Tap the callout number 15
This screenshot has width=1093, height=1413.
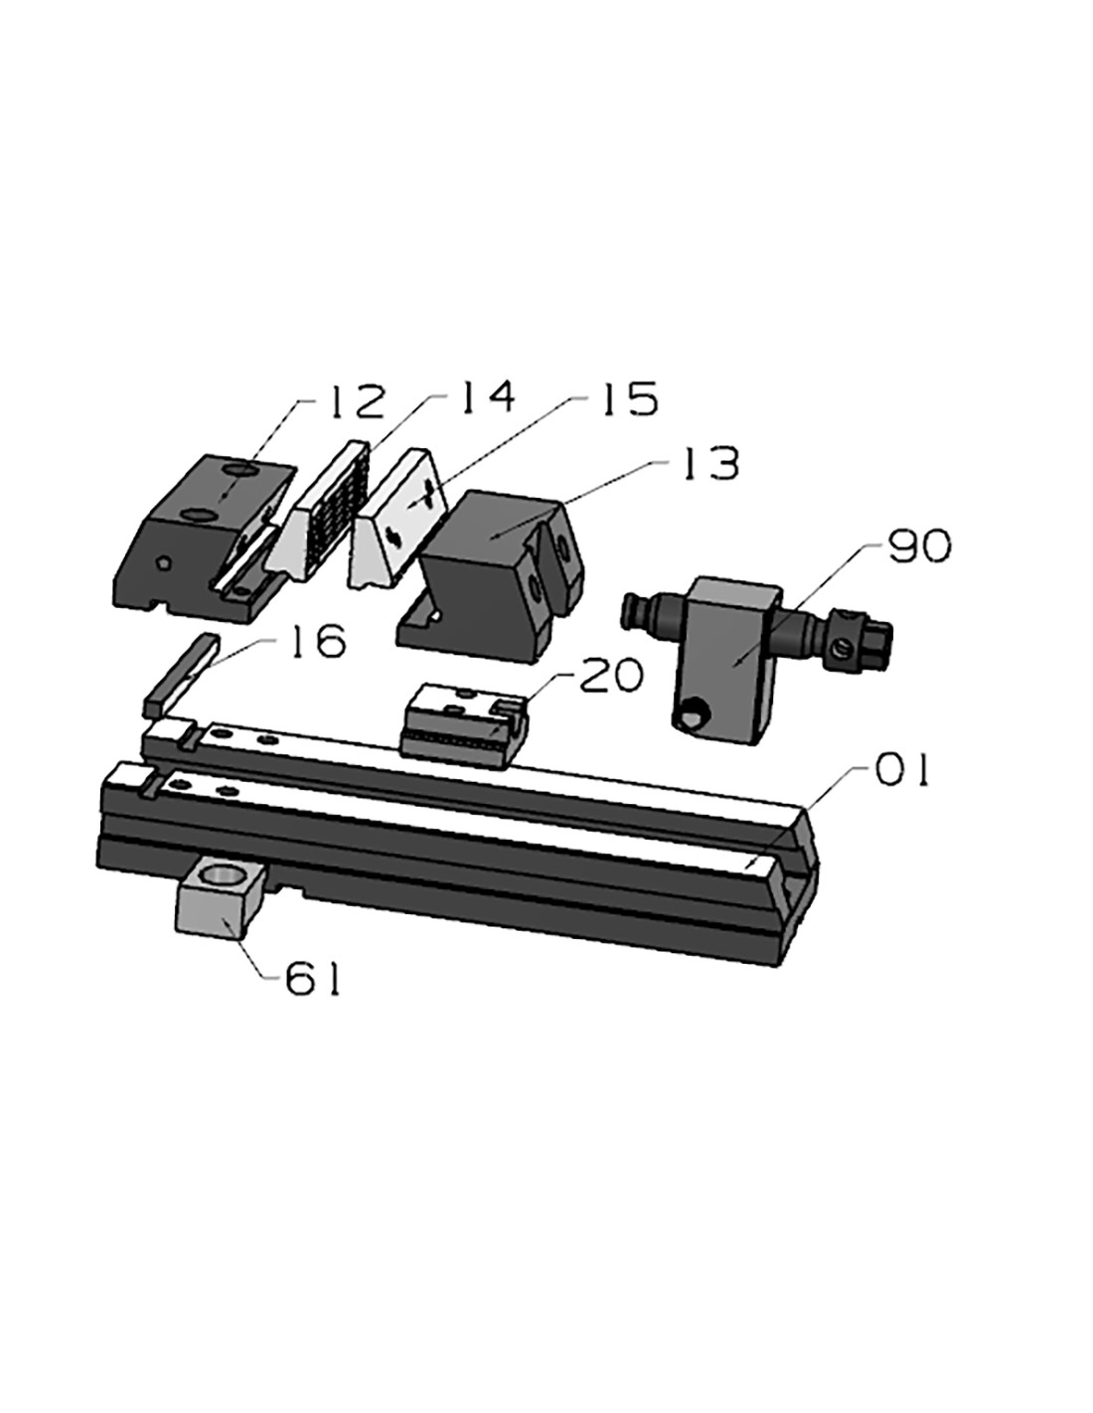click(x=625, y=398)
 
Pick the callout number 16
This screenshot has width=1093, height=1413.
click(x=317, y=641)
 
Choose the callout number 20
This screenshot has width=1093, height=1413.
click(x=608, y=675)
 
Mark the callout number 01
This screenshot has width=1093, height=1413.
click(x=899, y=770)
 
